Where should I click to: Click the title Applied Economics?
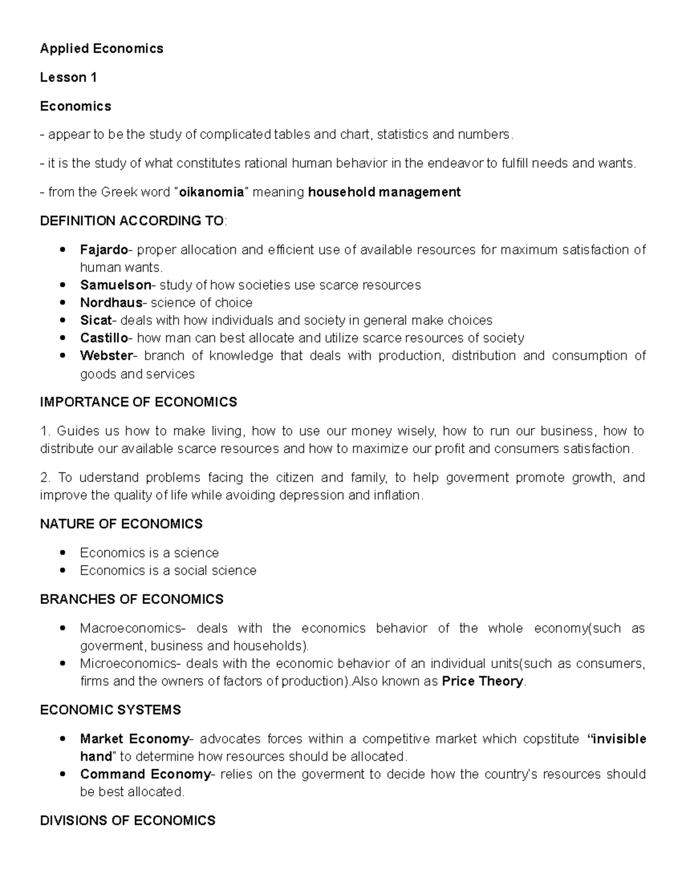(101, 49)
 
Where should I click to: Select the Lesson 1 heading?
(68, 78)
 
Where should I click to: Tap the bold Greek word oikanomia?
(211, 193)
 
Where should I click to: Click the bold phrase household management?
(384, 193)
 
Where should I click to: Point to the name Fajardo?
(103, 250)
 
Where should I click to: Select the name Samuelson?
(115, 285)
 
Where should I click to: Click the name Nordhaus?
(111, 303)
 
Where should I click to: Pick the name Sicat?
(95, 320)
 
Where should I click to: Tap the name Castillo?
(104, 338)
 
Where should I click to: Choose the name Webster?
(106, 356)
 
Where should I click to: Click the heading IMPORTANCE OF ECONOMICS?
(138, 403)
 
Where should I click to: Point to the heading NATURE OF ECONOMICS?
(121, 524)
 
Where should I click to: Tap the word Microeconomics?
(128, 664)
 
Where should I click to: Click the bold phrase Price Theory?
(482, 682)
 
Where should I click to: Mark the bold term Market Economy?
(134, 739)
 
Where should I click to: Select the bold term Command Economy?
(145, 775)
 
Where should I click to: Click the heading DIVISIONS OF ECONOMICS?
(127, 821)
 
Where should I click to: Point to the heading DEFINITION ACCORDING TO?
(132, 221)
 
